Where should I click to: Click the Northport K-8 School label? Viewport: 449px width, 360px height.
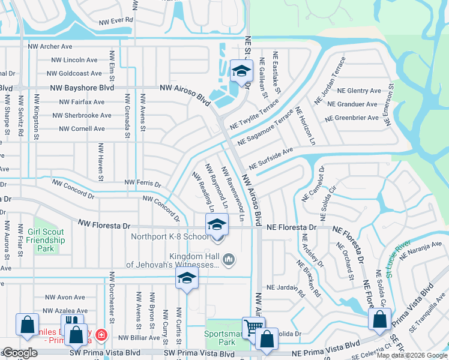coord(170,236)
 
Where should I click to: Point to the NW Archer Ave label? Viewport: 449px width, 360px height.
coord(50,46)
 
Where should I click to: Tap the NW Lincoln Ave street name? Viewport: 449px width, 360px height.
coord(74,60)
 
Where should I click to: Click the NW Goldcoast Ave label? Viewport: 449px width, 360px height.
coord(76,73)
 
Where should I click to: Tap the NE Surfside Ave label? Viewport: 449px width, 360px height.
coord(271,158)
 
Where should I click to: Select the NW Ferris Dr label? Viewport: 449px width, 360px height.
coord(142,182)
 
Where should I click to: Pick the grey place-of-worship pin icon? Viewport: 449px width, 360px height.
coord(228,260)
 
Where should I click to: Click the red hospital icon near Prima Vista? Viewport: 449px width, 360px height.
coord(102,334)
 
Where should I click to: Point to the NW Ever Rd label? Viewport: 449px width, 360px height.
coord(113,20)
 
